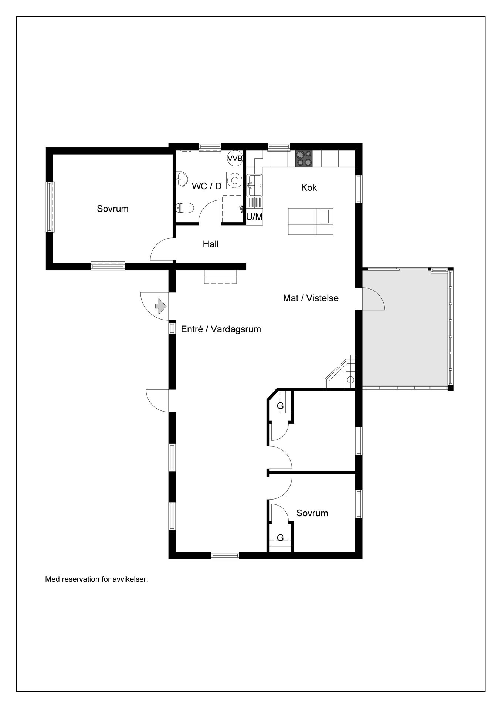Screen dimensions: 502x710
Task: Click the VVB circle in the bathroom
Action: tap(235, 159)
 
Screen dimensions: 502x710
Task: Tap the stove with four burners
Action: tap(304, 159)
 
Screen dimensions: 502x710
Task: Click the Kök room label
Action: tap(309, 187)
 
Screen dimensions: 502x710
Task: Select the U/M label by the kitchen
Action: tap(254, 217)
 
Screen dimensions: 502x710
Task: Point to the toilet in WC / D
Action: tap(184, 208)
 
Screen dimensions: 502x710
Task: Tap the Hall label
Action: tap(211, 244)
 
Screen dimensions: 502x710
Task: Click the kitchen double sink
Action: tap(255, 185)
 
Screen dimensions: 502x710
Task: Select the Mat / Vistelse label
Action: tap(311, 298)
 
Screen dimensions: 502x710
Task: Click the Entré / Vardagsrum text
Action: tap(221, 329)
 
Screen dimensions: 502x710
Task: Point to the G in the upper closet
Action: tap(281, 406)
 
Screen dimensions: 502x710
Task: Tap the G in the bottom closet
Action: tap(281, 538)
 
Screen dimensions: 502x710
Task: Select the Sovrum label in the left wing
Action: tap(113, 209)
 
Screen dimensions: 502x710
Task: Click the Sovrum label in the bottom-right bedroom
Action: tap(312, 513)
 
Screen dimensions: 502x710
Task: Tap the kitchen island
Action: tap(311, 222)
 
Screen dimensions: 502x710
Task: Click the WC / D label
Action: tap(207, 186)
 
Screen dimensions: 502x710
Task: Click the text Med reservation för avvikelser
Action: tap(96, 579)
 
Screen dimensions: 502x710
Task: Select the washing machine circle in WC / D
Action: tap(234, 180)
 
